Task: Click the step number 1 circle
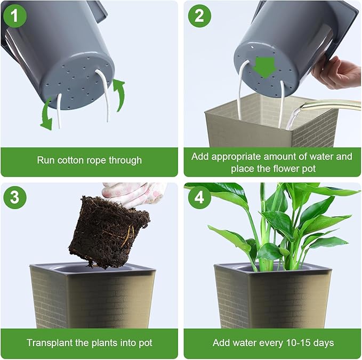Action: [15, 15]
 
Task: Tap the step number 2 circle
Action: [199, 15]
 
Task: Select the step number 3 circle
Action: [15, 197]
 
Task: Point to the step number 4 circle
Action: [199, 197]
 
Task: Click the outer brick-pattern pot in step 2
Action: [267, 128]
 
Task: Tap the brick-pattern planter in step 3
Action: [91, 299]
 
